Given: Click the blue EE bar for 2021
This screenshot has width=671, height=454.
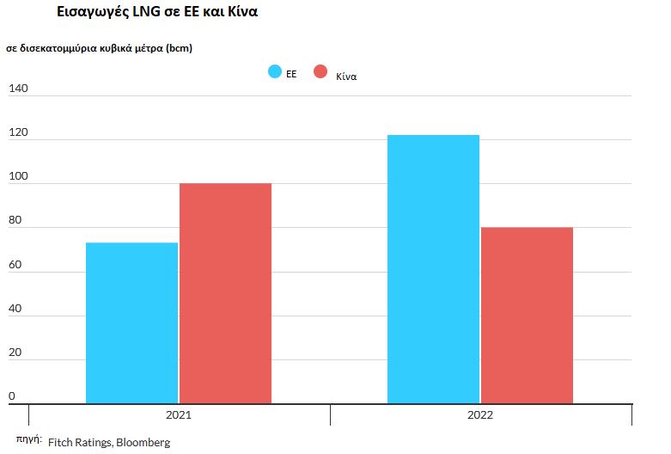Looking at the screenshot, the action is tap(131, 323).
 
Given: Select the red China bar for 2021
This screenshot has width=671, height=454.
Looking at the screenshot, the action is tap(225, 293).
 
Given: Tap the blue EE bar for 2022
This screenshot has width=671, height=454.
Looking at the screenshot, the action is tap(434, 269).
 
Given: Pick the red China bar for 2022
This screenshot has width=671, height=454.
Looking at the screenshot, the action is tap(528, 316).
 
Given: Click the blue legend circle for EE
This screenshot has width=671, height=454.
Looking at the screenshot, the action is tap(275, 71).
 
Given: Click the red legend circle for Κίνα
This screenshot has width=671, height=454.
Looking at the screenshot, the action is tap(320, 71).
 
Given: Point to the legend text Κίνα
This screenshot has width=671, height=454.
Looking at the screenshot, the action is tap(346, 77).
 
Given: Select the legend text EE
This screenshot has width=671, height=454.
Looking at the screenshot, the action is tap(291, 74).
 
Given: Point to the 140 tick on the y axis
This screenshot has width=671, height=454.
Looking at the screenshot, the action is tap(18, 89).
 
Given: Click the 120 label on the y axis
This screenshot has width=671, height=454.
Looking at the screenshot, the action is tap(18, 132).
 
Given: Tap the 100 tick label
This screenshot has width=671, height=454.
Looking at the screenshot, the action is tap(18, 176).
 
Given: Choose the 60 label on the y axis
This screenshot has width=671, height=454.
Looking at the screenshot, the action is tap(15, 264).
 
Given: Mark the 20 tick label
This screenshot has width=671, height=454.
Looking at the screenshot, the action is tap(15, 352).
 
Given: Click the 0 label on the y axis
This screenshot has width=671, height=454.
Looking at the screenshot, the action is tap(12, 396).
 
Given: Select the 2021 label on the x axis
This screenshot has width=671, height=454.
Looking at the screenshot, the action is tap(179, 415).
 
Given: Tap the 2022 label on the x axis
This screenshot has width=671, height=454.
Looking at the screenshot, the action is tap(480, 415).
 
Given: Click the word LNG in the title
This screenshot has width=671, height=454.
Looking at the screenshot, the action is tap(146, 11).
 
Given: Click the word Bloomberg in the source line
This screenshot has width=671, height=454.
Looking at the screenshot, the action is tap(143, 443).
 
